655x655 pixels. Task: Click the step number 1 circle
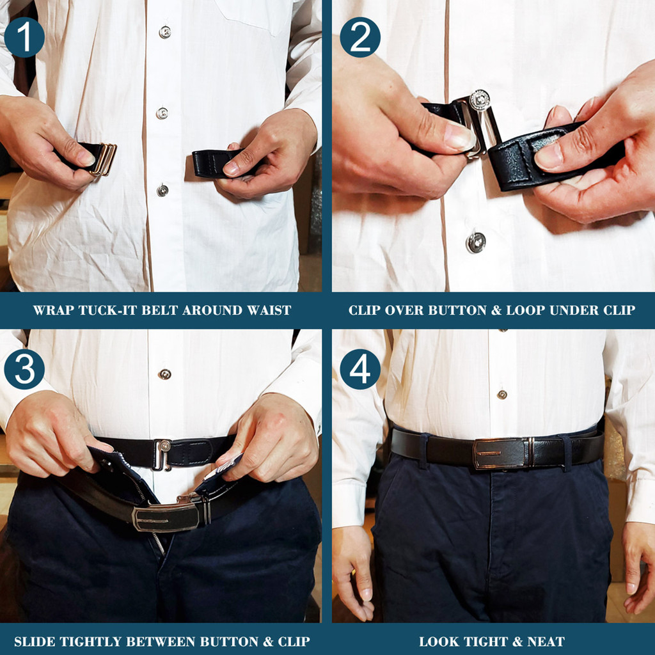click(24, 38)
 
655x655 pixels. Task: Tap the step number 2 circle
click(360, 38)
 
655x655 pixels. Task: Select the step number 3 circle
click(24, 369)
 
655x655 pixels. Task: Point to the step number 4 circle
click(360, 369)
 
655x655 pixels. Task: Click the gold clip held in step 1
click(104, 159)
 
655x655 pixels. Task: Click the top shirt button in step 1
click(165, 32)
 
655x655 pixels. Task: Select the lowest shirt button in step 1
click(162, 191)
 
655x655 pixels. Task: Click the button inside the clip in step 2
click(479, 100)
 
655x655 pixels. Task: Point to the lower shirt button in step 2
click(475, 242)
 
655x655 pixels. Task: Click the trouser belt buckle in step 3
click(168, 516)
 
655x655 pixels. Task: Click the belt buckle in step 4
click(501, 453)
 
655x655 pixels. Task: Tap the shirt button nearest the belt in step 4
click(501, 395)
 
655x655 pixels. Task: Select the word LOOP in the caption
click(549, 311)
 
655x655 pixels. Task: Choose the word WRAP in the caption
click(52, 311)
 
